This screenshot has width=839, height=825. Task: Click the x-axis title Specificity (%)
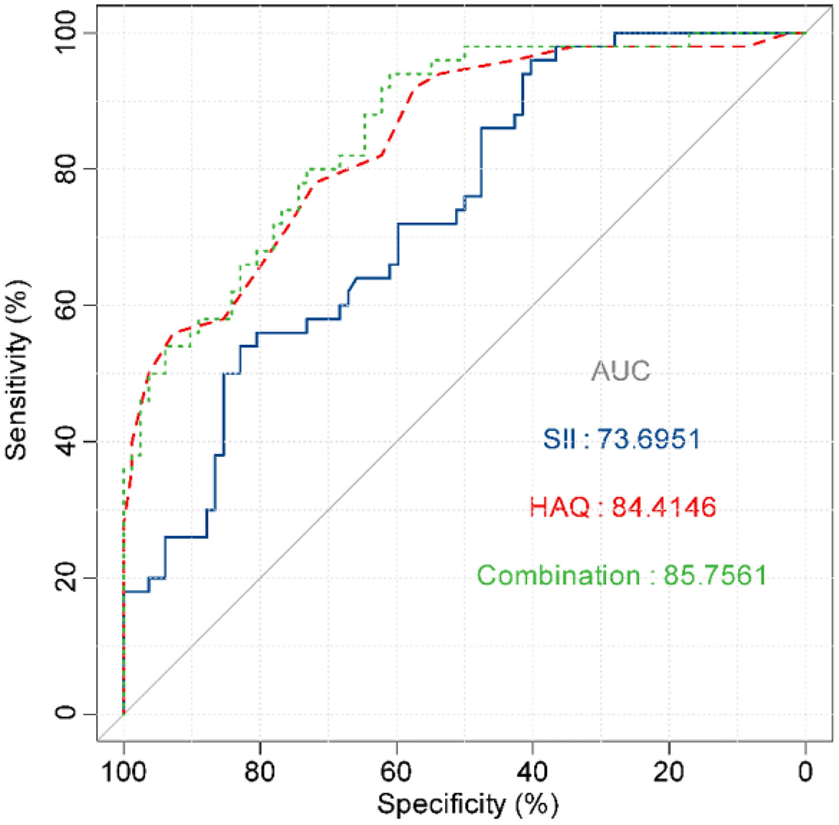tap(467, 804)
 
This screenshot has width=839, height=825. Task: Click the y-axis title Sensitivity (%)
tap(18, 370)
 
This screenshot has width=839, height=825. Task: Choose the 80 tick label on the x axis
tap(260, 772)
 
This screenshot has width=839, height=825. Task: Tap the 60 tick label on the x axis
tap(397, 772)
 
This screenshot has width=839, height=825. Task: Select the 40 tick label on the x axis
tap(533, 772)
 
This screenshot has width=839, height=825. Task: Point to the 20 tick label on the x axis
tap(669, 772)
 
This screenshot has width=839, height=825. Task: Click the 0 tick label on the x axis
tap(805, 772)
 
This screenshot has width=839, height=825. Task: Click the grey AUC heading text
tap(621, 371)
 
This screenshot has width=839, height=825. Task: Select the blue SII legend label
tap(559, 439)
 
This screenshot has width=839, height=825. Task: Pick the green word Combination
tap(559, 576)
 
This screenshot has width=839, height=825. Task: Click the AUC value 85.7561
tap(715, 575)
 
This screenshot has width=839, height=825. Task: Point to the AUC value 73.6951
tap(649, 439)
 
